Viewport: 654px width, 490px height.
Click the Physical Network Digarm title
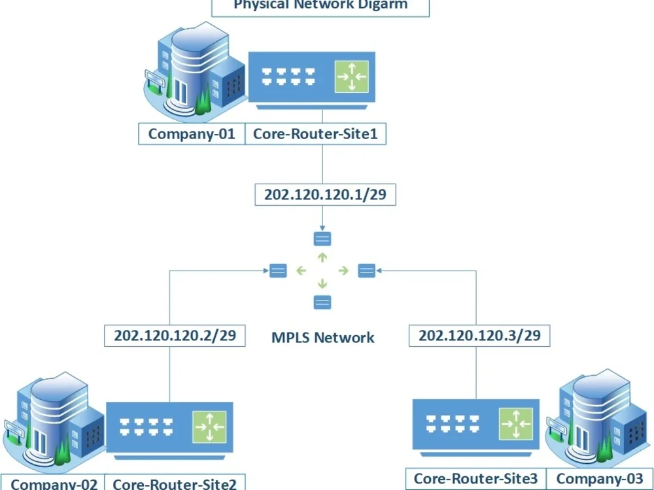pos(320,6)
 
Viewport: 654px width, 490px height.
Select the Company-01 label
pos(191,135)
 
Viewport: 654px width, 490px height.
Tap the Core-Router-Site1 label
pos(315,135)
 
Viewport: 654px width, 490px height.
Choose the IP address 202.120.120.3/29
pos(479,336)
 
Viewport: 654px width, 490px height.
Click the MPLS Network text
pos(322,338)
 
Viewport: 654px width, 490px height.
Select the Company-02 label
pos(55,483)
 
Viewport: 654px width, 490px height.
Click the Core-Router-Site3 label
pos(475,479)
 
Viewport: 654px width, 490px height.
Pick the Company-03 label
pos(597,479)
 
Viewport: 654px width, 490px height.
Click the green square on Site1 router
pos(352,77)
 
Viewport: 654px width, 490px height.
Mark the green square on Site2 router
pos(209,427)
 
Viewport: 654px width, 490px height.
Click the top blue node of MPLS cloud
pos(322,238)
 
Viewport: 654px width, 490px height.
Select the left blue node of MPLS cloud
pos(278,270)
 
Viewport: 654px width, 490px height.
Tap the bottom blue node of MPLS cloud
pos(322,302)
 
